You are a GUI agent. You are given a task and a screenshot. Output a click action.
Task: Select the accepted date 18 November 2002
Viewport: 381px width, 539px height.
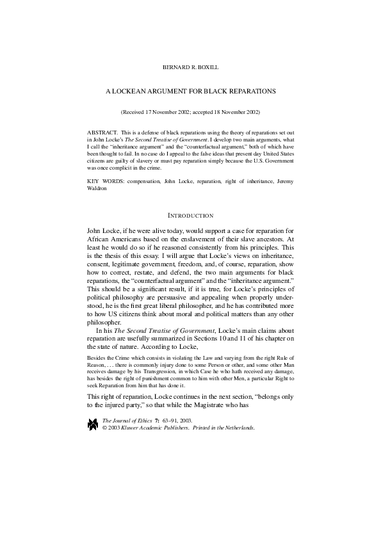[x=234, y=112]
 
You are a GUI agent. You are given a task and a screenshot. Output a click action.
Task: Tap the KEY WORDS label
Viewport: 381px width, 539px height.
[x=101, y=181]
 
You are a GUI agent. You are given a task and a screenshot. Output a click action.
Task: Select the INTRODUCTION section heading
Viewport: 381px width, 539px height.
[x=190, y=216]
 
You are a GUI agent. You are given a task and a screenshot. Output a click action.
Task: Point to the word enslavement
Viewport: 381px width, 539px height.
[x=201, y=240]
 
